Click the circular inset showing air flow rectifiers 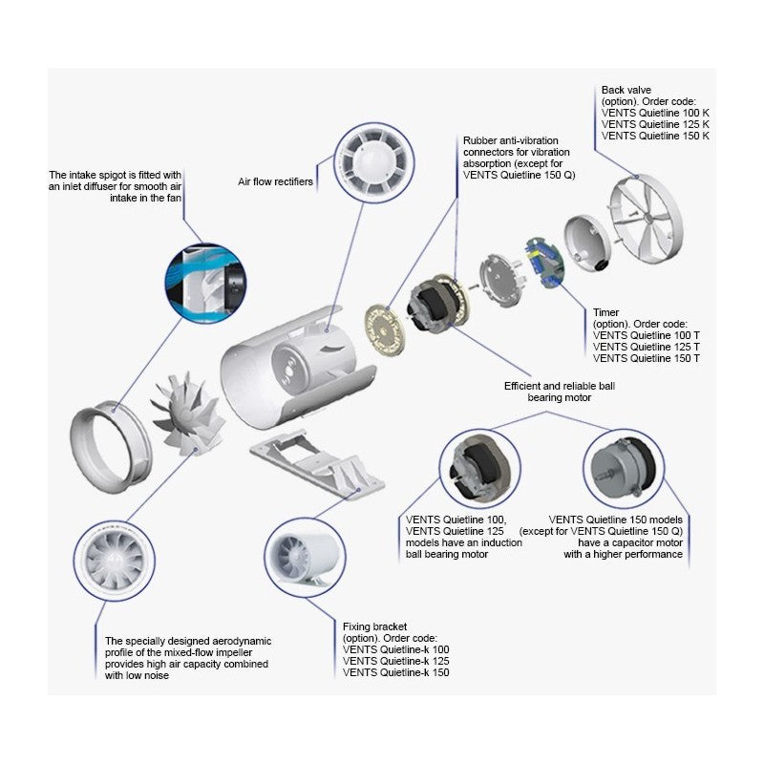coord(371,165)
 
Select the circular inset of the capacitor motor coord(621,469)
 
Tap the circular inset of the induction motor coord(480,469)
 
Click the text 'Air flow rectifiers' coord(275,181)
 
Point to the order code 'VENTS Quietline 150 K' coord(655,136)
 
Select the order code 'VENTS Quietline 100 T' coord(647,334)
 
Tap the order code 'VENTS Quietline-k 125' coord(395,661)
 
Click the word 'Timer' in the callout coord(606,311)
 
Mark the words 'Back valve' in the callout coord(626,90)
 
